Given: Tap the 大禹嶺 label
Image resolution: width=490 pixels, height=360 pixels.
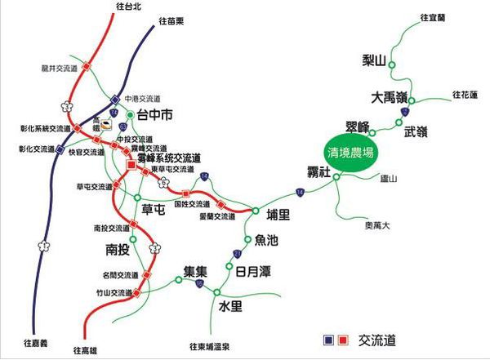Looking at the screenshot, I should (x=390, y=96).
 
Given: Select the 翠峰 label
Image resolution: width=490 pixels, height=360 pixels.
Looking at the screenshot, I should (x=359, y=125).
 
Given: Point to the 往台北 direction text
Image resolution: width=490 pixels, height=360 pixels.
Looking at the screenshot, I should (x=129, y=7).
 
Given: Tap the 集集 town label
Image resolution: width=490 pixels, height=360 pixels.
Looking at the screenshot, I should (x=197, y=270).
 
